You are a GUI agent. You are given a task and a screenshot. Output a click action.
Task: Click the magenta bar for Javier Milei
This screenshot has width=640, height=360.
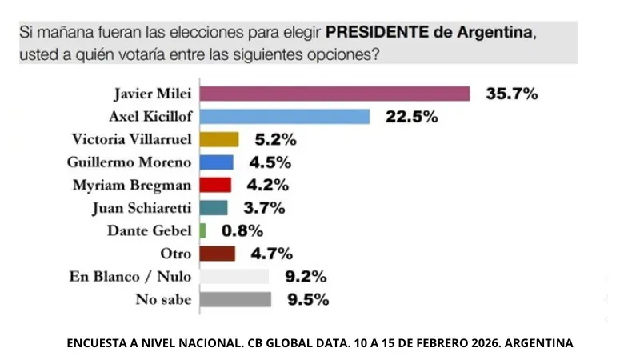(334, 93)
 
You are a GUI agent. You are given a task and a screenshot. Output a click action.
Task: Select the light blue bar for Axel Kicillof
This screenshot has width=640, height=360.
(284, 116)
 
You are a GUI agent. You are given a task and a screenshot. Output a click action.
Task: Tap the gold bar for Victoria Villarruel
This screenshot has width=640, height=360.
(218, 139)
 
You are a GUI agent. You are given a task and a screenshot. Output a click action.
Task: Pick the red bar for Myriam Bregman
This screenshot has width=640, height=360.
(215, 185)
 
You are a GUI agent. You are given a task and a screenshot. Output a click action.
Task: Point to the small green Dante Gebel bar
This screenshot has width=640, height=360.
(202, 230)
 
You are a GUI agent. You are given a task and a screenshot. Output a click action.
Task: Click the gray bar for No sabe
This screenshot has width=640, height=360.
(235, 300)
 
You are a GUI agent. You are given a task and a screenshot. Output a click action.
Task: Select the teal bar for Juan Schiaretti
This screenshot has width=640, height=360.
(214, 208)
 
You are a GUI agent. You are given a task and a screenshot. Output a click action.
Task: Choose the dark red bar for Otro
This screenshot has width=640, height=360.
(217, 254)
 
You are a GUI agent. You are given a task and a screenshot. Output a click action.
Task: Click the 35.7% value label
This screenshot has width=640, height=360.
(512, 93)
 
